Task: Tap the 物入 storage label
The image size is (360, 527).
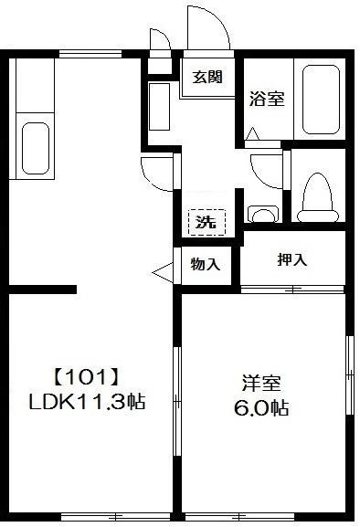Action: tap(206, 265)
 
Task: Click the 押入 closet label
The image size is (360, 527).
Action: tap(292, 259)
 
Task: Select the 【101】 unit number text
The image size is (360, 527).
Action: tap(86, 375)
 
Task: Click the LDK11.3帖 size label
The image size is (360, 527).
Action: tap(89, 401)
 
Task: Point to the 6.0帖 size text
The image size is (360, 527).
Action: tap(261, 408)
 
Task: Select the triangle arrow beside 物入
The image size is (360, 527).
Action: tap(163, 271)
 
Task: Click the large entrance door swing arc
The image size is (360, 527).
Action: tap(207, 27)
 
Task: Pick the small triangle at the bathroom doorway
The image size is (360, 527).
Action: tap(253, 134)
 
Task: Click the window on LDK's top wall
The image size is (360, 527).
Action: tap(90, 54)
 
